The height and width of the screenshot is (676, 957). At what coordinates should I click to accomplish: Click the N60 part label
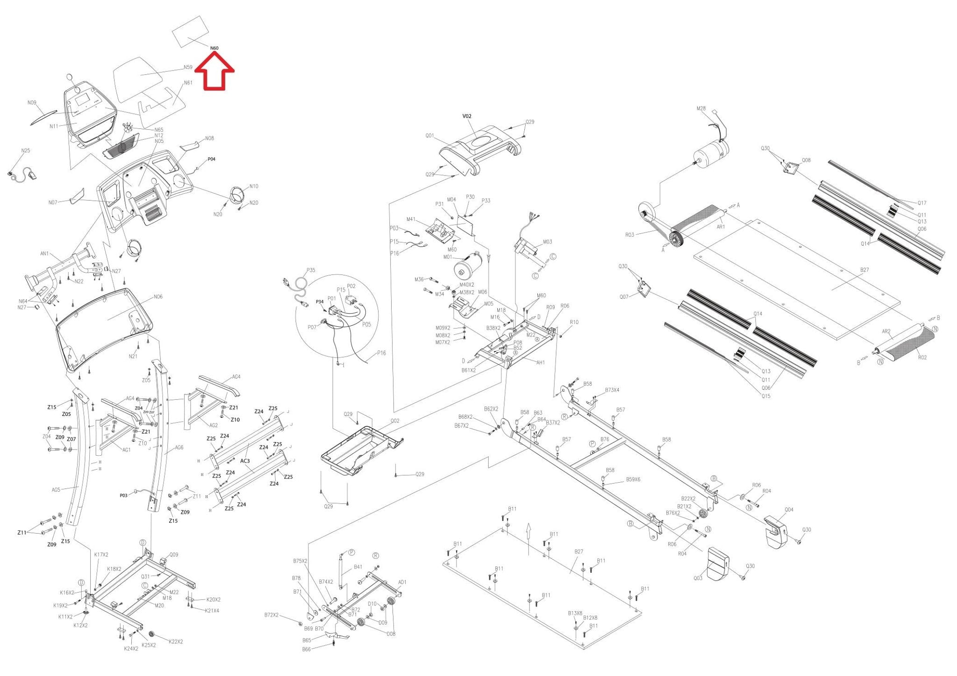point(214,48)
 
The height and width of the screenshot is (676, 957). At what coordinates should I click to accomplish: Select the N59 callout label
point(187,67)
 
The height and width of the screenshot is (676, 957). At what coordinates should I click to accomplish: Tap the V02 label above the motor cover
point(467,116)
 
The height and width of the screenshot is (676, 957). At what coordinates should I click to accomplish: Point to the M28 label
point(701,109)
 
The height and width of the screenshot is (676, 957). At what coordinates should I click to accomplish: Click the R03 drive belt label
point(629,235)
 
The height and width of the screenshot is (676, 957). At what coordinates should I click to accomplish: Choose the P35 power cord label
point(311,270)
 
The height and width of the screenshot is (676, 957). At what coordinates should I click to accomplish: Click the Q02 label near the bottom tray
point(395,421)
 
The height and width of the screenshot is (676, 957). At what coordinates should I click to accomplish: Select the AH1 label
point(540,362)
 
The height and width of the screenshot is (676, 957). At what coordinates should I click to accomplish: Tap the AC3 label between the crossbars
point(245,461)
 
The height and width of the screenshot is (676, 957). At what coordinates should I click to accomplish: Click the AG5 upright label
point(56,490)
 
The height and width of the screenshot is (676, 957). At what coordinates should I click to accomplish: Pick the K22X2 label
point(175,641)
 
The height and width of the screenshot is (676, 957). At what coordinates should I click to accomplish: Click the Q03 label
point(698,578)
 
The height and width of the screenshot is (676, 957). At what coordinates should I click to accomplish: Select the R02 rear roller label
point(922,358)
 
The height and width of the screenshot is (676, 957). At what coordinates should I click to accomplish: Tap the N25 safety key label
point(26,151)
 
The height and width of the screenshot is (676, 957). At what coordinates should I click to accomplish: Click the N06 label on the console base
point(158,297)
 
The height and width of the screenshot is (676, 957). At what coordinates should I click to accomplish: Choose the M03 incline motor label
point(547,242)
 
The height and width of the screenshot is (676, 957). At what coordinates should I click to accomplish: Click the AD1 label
point(402,582)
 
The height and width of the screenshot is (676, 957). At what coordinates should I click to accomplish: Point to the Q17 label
point(921,203)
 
